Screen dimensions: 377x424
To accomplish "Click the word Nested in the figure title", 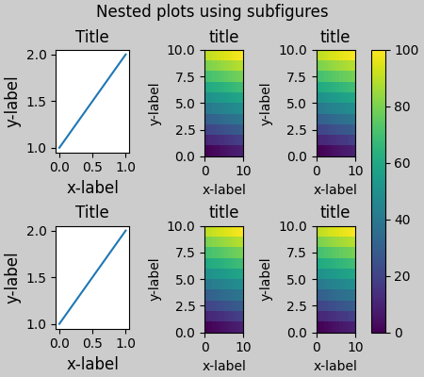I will tap(122, 12).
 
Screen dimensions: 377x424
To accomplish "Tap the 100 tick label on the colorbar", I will tap(405, 50).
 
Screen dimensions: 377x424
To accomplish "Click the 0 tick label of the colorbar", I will tap(398, 333).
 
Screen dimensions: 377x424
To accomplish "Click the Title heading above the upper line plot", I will tap(92, 37).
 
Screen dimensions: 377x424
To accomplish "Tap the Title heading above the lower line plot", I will tap(92, 212).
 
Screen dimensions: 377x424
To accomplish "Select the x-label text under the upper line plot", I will tap(92, 188).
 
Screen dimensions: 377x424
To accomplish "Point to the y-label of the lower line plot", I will tap(12, 277).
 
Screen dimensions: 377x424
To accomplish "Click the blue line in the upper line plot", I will tap(92, 101).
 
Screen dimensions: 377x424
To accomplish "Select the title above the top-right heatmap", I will tap(335, 37).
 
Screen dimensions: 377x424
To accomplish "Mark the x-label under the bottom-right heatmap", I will tap(335, 366).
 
